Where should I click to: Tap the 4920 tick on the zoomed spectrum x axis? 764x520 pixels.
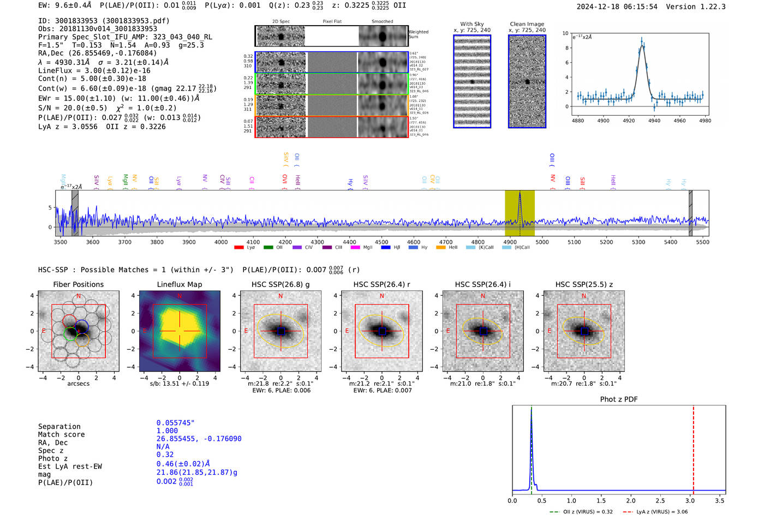coord(629,121)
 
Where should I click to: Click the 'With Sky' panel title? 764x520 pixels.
coord(472,24)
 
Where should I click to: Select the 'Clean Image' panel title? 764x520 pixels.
coord(527,24)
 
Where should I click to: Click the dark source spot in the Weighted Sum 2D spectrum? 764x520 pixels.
coord(282,37)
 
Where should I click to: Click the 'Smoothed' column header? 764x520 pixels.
coord(382,22)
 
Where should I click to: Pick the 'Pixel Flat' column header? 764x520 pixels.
coord(332,22)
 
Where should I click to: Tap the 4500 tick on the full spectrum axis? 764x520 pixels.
coord(381,242)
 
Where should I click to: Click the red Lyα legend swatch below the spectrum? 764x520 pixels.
coord(239,248)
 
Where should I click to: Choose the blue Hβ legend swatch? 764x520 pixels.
coord(386,248)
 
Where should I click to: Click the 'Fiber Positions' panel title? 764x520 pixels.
coord(78,284)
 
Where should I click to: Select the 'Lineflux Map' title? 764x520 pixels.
coord(180,284)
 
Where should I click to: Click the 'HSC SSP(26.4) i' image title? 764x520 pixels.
coord(483,284)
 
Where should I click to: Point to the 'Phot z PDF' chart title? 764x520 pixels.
coord(619,399)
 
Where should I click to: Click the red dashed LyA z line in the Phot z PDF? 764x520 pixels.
coord(693,447)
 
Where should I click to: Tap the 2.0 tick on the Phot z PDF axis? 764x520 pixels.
coord(631,500)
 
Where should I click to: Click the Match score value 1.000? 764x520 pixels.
coord(167,431)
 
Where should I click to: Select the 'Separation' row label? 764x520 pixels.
coord(59,426)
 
